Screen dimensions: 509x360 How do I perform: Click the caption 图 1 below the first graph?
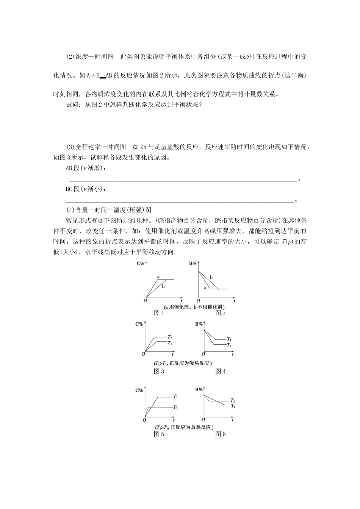pos(159,313)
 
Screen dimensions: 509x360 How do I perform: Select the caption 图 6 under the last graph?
pos(221,434)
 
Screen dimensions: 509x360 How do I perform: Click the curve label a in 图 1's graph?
pos(158,277)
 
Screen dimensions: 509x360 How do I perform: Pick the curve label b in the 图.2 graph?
pos(211,278)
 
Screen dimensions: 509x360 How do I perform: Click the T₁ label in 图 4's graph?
pos(229,339)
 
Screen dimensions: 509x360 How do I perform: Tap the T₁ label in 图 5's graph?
pos(175,397)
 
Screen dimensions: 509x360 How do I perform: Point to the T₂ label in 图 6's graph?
pos(232,400)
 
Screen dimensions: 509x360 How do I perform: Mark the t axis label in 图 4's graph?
pos(233,354)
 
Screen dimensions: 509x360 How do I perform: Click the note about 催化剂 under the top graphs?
pos(194,307)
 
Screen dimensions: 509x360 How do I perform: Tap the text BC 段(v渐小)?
pos(86,189)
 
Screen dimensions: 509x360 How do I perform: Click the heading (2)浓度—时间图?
pos(90,57)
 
